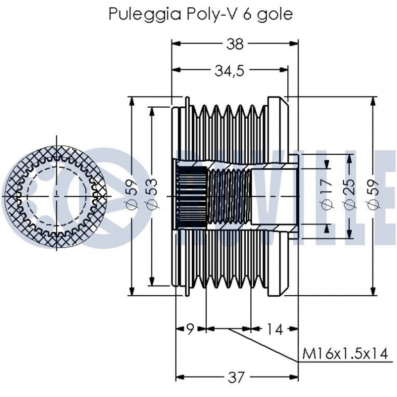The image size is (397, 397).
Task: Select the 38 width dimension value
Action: pos(235,44)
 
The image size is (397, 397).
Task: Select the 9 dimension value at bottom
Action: pos(190,329)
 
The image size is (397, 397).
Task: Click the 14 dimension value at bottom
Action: pos(274,329)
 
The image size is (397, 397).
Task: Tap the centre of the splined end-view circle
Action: pos(57,196)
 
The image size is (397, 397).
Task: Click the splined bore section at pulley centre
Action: pos(190,196)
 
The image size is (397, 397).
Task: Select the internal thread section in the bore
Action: pos(228,196)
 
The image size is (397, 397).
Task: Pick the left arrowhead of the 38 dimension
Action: pos(175,44)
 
